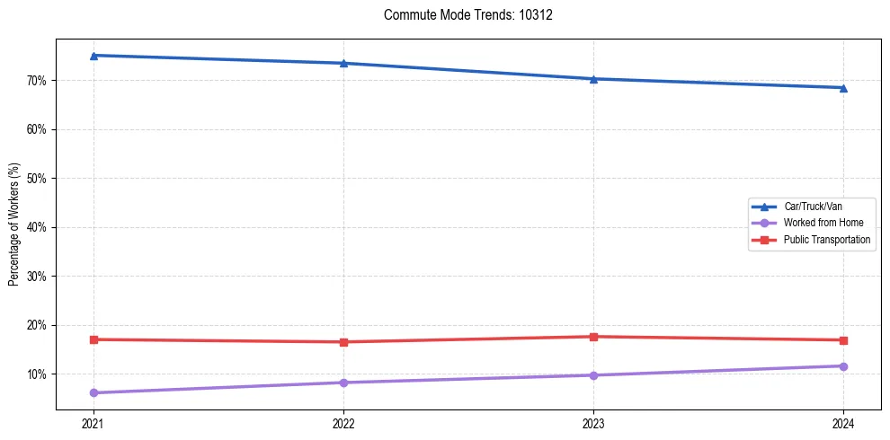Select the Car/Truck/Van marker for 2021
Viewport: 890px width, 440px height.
[93, 56]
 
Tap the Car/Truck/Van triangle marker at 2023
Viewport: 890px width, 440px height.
[593, 79]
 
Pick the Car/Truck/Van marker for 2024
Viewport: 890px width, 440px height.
[843, 88]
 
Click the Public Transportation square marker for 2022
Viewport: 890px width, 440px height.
[343, 342]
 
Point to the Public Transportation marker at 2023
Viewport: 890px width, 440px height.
[593, 337]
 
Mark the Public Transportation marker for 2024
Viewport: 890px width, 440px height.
[843, 340]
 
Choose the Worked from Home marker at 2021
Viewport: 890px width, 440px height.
[93, 392]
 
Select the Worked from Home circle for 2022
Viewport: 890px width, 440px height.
[343, 383]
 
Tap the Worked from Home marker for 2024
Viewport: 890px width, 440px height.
[843, 366]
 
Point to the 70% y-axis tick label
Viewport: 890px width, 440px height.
[38, 81]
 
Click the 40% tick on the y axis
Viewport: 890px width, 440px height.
[38, 227]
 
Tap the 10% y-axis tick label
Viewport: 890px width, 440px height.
[38, 374]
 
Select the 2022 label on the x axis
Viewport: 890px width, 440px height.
[343, 422]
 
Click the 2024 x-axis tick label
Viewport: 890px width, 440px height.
[843, 422]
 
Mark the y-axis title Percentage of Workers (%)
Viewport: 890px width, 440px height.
[14, 224]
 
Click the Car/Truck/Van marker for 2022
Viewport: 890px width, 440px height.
[343, 63]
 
